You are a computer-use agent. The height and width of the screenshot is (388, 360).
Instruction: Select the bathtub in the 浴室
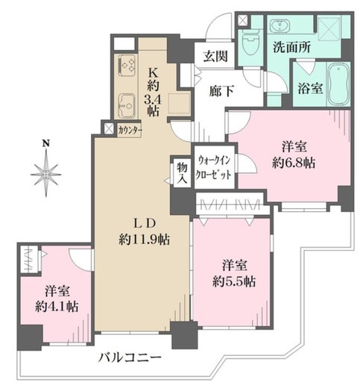click(x=338, y=84)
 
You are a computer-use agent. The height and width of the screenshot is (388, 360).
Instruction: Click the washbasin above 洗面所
click(x=280, y=26)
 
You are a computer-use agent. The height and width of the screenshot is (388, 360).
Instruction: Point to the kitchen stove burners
click(x=127, y=65)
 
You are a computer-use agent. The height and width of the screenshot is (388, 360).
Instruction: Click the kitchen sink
click(x=127, y=106)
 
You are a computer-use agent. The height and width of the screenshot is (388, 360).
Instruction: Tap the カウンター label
click(x=130, y=131)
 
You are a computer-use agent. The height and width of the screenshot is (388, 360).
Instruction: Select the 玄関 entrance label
click(x=215, y=56)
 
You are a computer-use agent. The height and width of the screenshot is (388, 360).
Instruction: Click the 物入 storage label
click(x=182, y=174)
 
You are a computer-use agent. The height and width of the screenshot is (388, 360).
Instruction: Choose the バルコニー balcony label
click(x=130, y=358)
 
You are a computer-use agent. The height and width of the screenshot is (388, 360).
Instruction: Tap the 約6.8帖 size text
click(x=294, y=163)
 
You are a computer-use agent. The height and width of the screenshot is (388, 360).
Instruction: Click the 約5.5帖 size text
click(x=234, y=282)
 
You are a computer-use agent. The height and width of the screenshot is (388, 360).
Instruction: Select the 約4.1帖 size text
click(x=57, y=307)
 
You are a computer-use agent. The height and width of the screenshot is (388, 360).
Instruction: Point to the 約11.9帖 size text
click(x=145, y=240)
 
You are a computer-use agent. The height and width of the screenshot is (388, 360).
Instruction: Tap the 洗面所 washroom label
click(x=291, y=47)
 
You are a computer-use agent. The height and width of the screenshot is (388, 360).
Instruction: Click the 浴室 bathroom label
click(x=310, y=88)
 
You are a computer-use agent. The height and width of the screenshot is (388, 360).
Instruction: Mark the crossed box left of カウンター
click(x=109, y=128)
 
